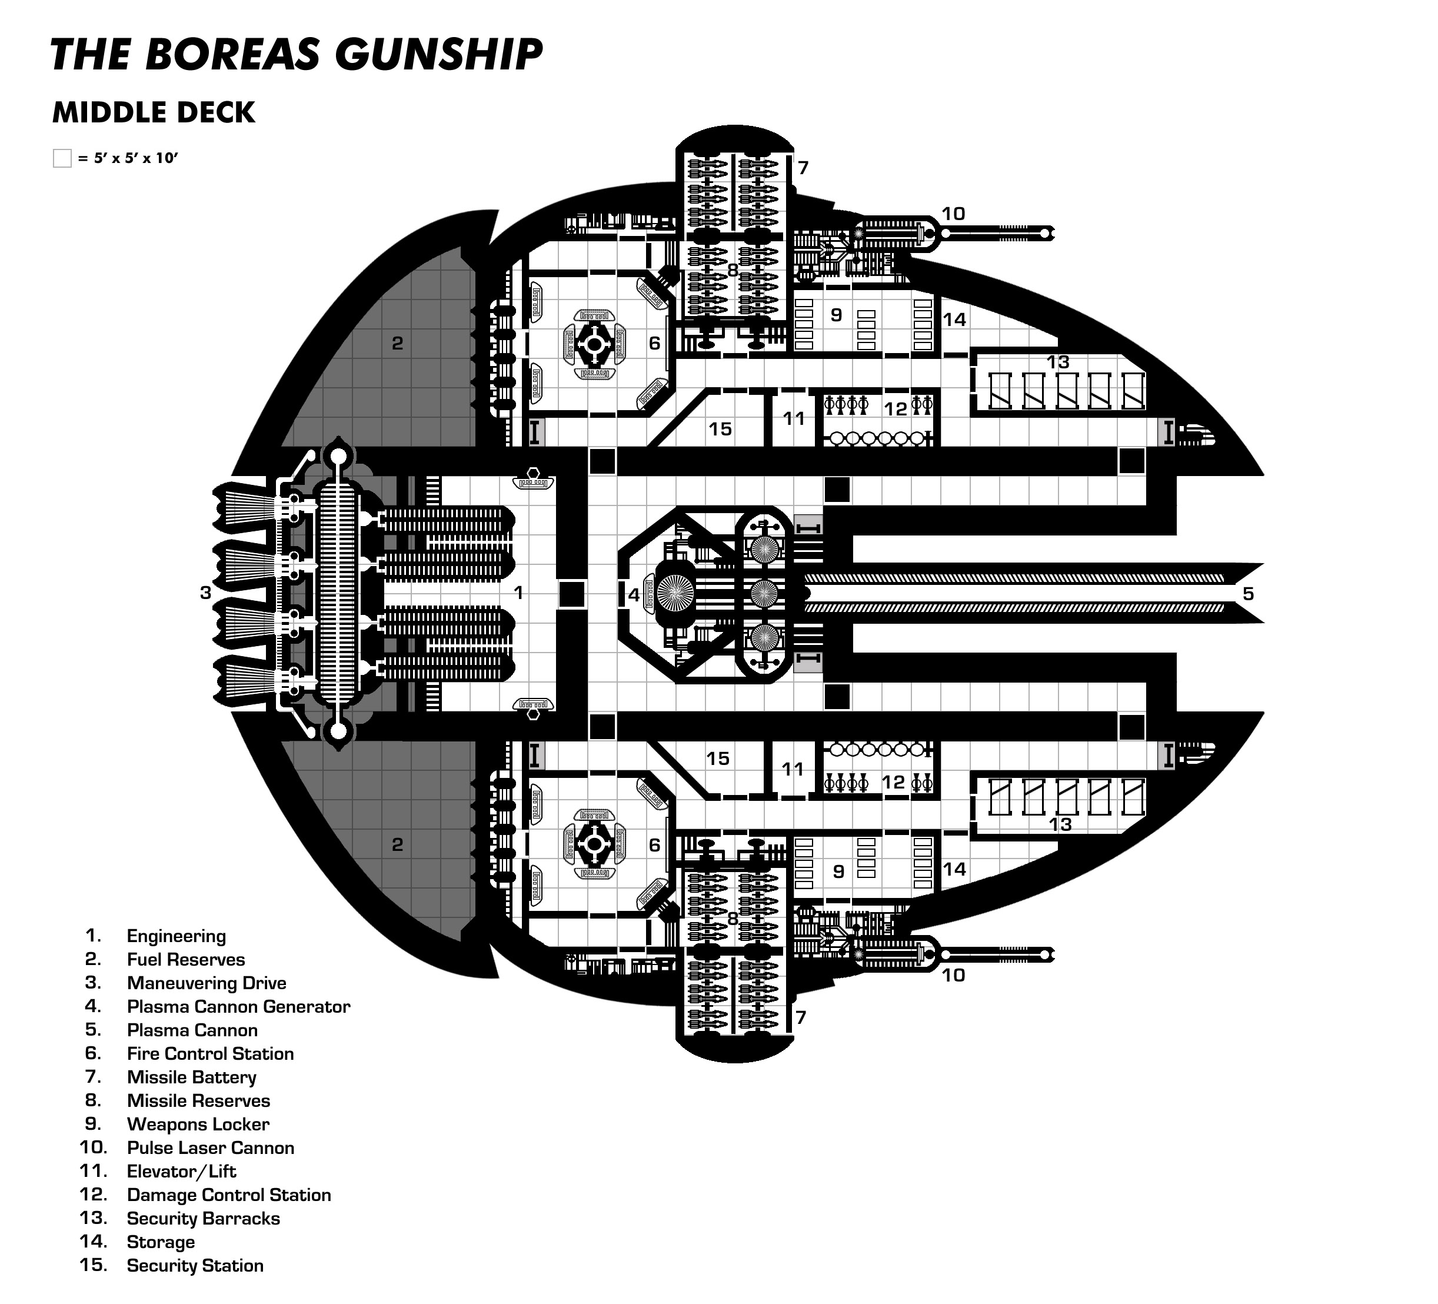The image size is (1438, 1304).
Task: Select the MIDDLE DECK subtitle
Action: coord(154,113)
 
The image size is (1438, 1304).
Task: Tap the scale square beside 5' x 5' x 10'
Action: coord(62,158)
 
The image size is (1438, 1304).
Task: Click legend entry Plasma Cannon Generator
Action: coord(238,1006)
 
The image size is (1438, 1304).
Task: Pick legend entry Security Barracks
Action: coord(204,1219)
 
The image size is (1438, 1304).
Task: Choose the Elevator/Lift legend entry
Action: coord(181,1172)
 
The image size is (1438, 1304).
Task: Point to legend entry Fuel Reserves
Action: coord(185,959)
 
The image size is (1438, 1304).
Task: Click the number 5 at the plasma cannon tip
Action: coord(1247,594)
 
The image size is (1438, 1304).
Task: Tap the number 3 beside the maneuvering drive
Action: coord(205,592)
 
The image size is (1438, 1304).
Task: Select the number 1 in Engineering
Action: coord(518,592)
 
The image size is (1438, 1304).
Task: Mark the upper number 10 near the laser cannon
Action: coord(953,213)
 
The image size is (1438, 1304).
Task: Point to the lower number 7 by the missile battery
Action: coord(800,1016)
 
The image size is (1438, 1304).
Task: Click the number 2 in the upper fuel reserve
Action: coord(397,343)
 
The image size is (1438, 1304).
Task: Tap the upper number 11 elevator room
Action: coord(793,419)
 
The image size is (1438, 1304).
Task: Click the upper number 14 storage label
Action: coord(954,319)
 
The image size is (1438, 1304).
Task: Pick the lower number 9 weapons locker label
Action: coord(839,871)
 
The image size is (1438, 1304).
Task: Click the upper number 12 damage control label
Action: coord(896,409)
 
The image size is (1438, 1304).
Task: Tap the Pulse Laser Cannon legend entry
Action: coord(211,1148)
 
